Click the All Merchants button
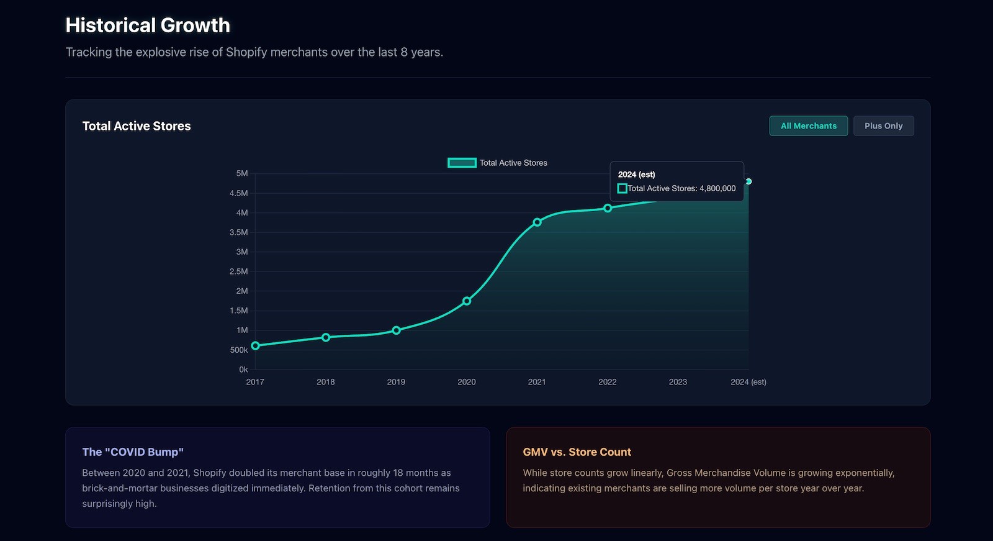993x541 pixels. (x=808, y=126)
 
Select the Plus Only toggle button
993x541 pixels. (x=883, y=126)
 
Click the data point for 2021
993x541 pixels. (x=537, y=222)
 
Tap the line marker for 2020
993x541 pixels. (x=467, y=301)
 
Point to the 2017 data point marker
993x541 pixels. (x=255, y=346)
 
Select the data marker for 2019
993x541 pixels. (x=396, y=330)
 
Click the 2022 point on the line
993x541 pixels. (x=608, y=208)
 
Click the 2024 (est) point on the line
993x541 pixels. (x=748, y=181)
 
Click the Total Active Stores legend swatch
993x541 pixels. (x=462, y=163)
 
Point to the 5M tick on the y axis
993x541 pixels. (x=242, y=173)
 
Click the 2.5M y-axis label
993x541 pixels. (x=238, y=271)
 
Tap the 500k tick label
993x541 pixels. (x=239, y=350)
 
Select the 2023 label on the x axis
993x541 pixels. (x=678, y=382)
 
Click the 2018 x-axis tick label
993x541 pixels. (x=325, y=382)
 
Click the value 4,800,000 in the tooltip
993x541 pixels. (x=717, y=188)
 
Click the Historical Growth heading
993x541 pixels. (x=148, y=25)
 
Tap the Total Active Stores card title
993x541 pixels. (x=137, y=126)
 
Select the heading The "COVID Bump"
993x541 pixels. (x=133, y=452)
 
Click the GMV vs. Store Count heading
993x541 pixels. (x=577, y=452)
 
